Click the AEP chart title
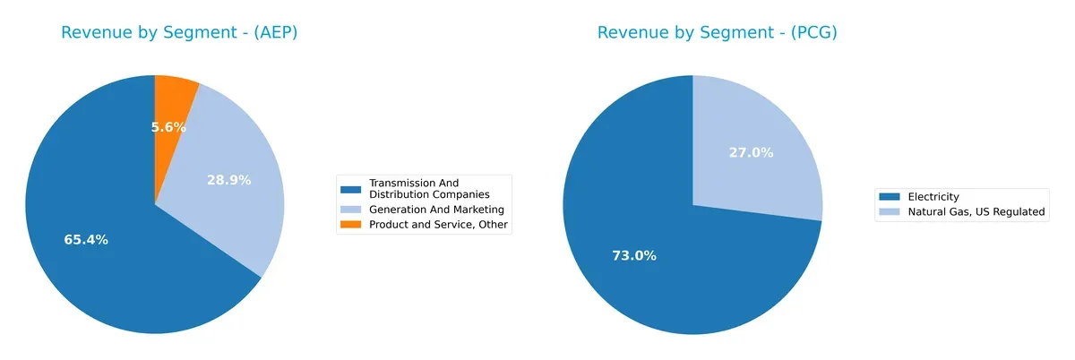click(179, 33)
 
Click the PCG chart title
click(717, 33)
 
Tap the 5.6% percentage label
click(168, 127)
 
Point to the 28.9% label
click(229, 180)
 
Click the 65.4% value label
click(86, 240)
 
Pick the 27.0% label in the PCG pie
click(751, 153)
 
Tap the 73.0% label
click(634, 256)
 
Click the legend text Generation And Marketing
click(430, 210)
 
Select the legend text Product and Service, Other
click(439, 226)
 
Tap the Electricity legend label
click(933, 197)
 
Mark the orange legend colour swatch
click(350, 226)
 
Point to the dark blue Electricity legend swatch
click(890, 197)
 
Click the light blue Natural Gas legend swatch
click(890, 212)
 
